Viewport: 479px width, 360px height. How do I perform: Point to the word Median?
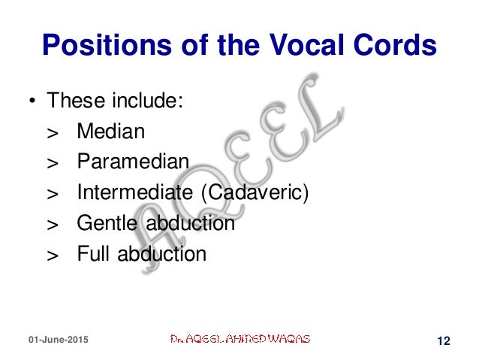tap(110, 132)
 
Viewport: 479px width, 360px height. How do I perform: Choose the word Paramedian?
tap(133, 162)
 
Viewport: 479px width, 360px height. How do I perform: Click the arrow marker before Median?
tap(52, 133)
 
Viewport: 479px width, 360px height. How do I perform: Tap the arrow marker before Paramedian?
tap(52, 164)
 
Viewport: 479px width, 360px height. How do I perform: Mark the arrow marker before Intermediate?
tap(52, 194)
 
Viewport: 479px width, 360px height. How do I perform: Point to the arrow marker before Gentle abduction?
tap(52, 225)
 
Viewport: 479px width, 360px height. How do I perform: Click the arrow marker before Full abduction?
tap(52, 256)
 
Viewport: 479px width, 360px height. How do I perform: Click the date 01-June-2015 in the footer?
tap(57, 340)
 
